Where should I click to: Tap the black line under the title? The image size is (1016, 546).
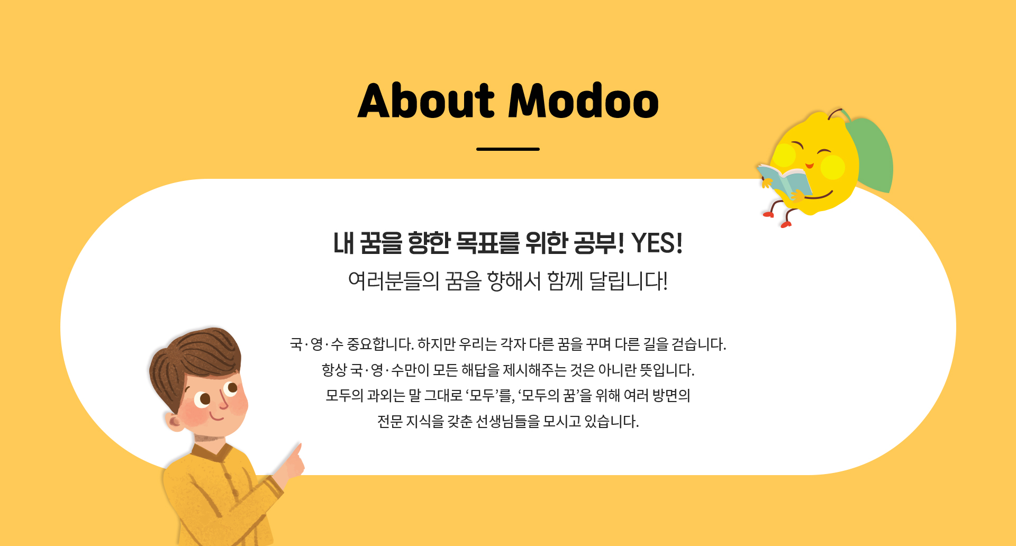(x=508, y=149)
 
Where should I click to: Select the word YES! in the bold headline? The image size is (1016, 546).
(x=657, y=243)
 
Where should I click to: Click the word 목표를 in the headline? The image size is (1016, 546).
(x=487, y=243)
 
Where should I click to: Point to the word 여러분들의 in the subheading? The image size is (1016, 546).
(x=394, y=281)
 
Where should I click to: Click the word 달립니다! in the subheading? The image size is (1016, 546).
(x=629, y=281)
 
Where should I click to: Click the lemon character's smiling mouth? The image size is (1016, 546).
(x=810, y=166)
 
